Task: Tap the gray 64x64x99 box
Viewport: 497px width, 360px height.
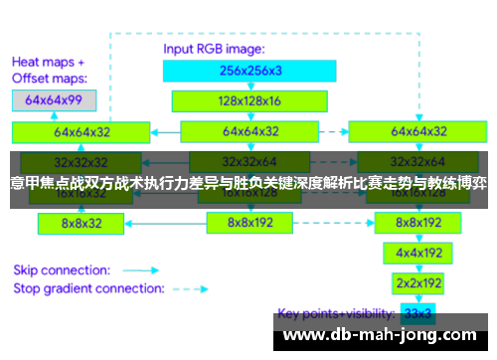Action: click(54, 100)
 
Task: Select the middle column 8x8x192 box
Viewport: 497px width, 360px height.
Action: click(248, 224)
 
